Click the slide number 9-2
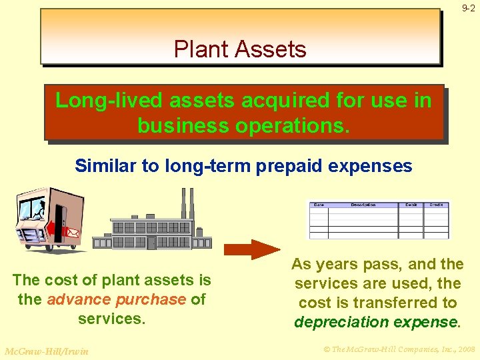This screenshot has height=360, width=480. (468, 8)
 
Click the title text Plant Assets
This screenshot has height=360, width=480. (240, 49)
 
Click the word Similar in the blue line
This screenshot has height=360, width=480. (105, 165)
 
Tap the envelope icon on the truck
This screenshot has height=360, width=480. (72, 233)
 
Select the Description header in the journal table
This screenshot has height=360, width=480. (363, 205)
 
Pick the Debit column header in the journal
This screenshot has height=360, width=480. (411, 205)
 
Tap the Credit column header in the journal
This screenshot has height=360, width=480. (436, 205)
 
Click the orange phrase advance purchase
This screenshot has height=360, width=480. (116, 299)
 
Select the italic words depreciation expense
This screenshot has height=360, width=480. (376, 322)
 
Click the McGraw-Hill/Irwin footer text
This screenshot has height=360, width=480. (46, 351)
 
